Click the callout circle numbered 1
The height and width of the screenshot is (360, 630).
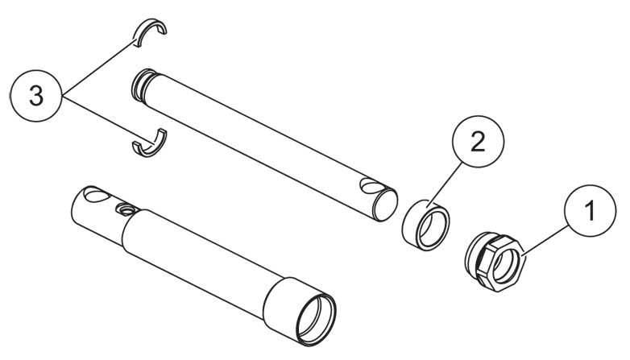click(x=590, y=210)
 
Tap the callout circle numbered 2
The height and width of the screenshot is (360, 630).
click(x=478, y=142)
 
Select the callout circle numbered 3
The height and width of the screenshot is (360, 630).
click(x=36, y=96)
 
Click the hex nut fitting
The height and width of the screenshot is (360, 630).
click(x=495, y=261)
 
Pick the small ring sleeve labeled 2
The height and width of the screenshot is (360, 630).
click(x=426, y=225)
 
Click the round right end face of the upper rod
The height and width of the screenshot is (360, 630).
click(x=386, y=205)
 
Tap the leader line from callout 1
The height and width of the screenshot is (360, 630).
click(x=545, y=241)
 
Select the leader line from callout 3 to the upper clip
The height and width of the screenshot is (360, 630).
click(x=97, y=67)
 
